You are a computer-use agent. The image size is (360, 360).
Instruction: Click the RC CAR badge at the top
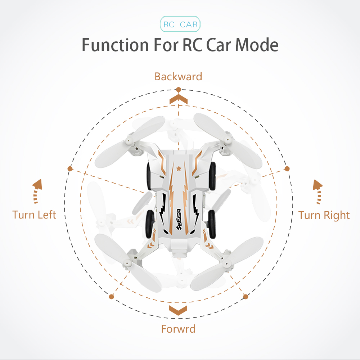(180, 24)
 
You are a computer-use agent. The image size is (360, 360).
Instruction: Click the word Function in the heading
(115, 45)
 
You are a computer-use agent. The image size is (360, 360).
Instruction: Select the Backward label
(179, 76)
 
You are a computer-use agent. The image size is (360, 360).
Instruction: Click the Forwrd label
(179, 329)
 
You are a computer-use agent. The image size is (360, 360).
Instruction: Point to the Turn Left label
(34, 215)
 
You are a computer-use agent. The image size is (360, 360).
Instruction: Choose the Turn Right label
(324, 215)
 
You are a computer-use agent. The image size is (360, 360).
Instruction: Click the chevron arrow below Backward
(179, 99)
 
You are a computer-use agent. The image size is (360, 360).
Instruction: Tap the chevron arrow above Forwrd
(178, 310)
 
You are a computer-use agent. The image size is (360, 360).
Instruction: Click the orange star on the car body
(179, 169)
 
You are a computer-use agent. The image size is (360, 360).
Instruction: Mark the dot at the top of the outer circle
(179, 90)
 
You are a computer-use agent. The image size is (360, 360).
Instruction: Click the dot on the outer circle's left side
(70, 169)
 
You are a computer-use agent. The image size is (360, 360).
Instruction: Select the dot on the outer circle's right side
(287, 169)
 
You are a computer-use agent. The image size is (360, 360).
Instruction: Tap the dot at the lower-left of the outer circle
(112, 297)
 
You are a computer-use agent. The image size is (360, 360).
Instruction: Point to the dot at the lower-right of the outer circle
(246, 297)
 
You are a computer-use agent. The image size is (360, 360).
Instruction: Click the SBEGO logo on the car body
(179, 219)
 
